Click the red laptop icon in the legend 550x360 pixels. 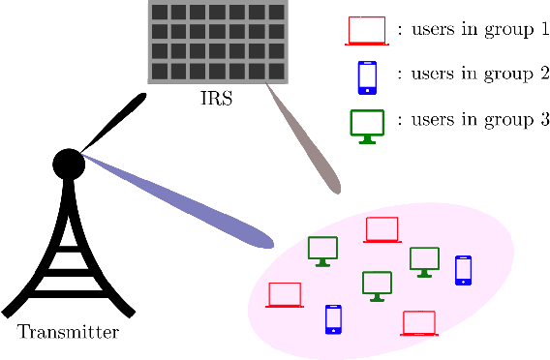[367, 30]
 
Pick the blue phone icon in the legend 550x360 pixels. [367, 77]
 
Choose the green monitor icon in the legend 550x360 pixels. [367, 125]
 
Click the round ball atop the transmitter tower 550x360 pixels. [68, 164]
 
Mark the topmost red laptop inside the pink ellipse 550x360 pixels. [382, 230]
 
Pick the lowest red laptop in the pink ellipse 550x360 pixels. [419, 322]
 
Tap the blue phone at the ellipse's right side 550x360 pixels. [463, 270]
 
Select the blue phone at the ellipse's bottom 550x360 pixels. [333, 319]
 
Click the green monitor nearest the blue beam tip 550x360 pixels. [322, 250]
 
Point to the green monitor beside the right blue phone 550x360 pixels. [424, 260]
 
